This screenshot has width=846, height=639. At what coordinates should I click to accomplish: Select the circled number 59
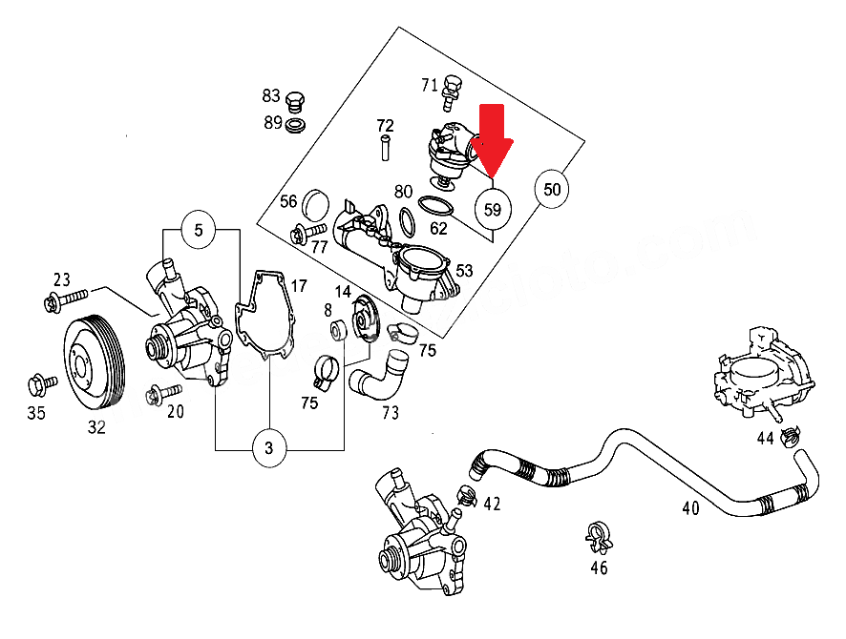click(493, 208)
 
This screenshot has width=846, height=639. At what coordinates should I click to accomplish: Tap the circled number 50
click(552, 189)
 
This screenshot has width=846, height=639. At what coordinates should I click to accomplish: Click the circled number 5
click(199, 230)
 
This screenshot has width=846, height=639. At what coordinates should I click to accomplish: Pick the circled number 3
click(270, 446)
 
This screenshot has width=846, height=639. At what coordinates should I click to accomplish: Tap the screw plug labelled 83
click(295, 98)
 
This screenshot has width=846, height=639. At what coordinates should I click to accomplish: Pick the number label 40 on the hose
click(690, 507)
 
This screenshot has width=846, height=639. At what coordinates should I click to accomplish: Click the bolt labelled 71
click(449, 92)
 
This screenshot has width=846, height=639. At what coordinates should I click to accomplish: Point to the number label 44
click(765, 438)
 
